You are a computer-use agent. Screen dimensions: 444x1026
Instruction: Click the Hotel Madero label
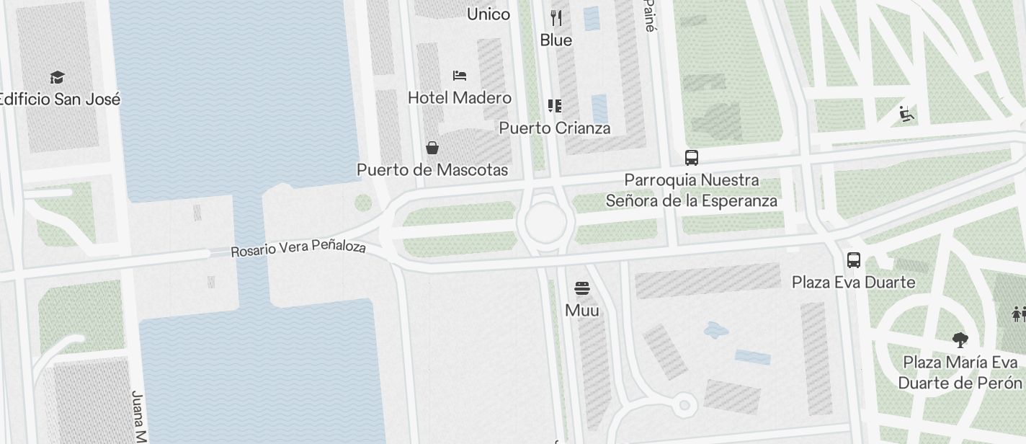coord(460,97)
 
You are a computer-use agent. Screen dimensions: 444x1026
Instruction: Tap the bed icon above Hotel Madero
coord(460,75)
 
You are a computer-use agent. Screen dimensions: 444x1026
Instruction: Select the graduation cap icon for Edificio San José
coord(57,77)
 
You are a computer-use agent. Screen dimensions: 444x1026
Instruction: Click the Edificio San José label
coord(59,99)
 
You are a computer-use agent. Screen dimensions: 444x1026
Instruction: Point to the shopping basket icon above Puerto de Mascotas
coord(432,148)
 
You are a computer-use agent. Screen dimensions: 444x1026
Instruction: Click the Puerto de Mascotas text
coord(432,170)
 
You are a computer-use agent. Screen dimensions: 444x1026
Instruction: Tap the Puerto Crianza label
coord(555,128)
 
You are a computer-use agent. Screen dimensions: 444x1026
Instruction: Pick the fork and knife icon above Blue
coord(556,18)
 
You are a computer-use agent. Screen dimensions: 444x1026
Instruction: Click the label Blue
coord(556,40)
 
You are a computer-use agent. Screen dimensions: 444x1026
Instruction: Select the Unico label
coord(489,14)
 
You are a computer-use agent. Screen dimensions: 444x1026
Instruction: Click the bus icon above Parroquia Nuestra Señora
coord(692,157)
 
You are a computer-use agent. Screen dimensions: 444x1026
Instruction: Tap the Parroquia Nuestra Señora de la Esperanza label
coord(692,190)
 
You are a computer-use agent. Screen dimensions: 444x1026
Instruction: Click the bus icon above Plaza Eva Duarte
coord(854,260)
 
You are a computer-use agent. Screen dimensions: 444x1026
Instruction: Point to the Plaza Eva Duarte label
coord(854,282)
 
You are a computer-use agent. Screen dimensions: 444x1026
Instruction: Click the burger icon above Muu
coord(582,288)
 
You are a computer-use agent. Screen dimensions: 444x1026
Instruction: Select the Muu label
coord(582,311)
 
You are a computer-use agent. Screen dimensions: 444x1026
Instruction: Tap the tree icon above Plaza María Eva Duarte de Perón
coord(960,339)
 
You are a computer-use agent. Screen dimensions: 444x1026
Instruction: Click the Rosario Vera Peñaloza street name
coord(298,248)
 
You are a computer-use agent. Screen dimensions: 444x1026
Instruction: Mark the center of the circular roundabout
coord(545,222)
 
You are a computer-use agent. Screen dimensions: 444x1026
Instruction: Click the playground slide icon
coord(906,114)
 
